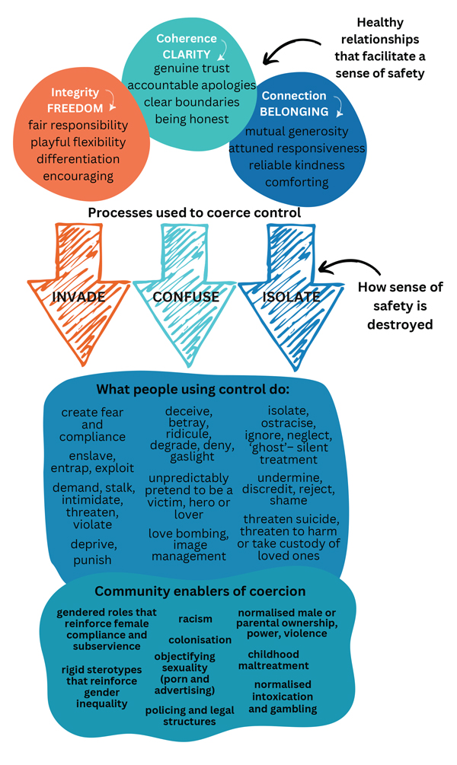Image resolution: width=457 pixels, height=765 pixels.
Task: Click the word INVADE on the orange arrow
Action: click(x=78, y=296)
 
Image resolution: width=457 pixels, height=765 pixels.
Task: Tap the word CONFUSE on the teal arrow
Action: click(x=186, y=296)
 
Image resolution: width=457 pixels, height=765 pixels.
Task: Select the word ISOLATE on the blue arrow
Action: click(x=291, y=296)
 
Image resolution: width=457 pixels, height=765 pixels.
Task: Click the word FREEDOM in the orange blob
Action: click(x=75, y=107)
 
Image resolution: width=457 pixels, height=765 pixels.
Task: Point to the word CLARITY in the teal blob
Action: click(x=186, y=54)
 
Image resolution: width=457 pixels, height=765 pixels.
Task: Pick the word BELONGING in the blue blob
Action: click(x=295, y=112)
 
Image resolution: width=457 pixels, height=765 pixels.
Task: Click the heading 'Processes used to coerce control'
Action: click(x=194, y=212)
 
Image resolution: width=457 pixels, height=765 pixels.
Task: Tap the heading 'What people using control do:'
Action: click(x=193, y=390)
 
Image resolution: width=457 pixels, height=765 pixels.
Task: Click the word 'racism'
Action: click(x=196, y=619)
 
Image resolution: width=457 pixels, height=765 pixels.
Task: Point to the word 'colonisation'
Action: click(x=200, y=640)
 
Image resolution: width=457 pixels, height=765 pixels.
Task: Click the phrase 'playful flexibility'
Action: click(x=78, y=142)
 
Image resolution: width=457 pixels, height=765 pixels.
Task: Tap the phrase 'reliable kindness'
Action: click(x=297, y=165)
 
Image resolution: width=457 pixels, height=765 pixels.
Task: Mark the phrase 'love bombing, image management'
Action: click(x=188, y=545)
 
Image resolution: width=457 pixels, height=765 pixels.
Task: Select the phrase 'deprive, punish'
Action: click(x=91, y=552)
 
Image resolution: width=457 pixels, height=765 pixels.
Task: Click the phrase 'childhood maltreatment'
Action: click(x=273, y=659)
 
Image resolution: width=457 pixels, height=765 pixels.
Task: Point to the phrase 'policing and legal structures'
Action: click(x=190, y=716)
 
